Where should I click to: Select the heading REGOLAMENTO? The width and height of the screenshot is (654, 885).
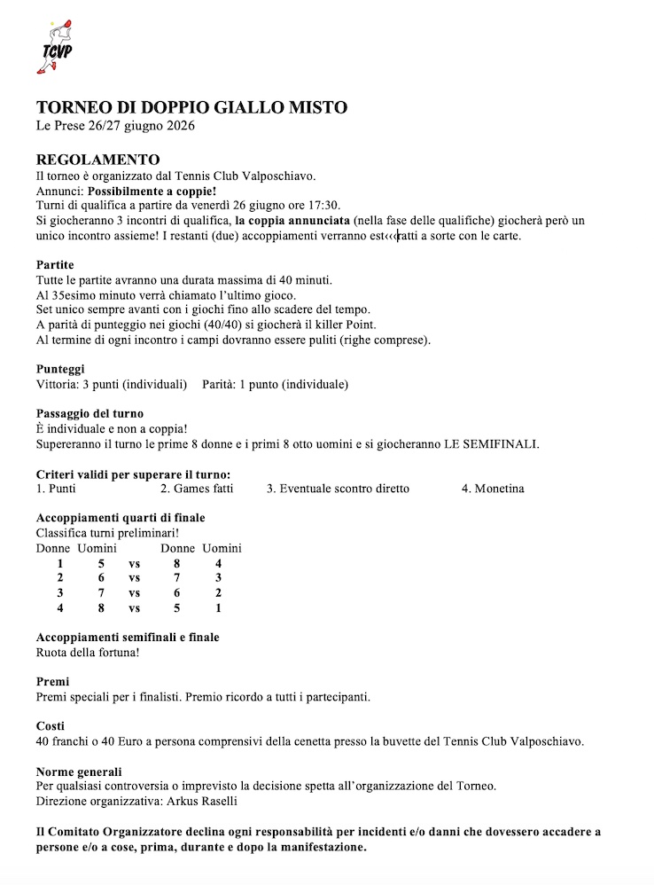[x=97, y=161]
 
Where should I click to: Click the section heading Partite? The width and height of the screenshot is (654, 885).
[x=55, y=265]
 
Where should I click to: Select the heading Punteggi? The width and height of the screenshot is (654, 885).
[x=60, y=369]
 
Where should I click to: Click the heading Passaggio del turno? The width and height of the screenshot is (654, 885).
[x=90, y=413]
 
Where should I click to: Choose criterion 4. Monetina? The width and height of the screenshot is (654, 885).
[x=493, y=489]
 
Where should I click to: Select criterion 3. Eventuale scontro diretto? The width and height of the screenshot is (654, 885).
[x=338, y=489]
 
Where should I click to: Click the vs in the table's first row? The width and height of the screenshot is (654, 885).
[x=135, y=563]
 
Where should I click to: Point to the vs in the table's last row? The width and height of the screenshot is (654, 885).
[x=135, y=608]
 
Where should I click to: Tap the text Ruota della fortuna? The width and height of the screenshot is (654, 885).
[x=88, y=653]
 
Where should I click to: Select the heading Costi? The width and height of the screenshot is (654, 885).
[x=51, y=725]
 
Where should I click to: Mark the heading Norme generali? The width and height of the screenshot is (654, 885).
[x=79, y=771]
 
